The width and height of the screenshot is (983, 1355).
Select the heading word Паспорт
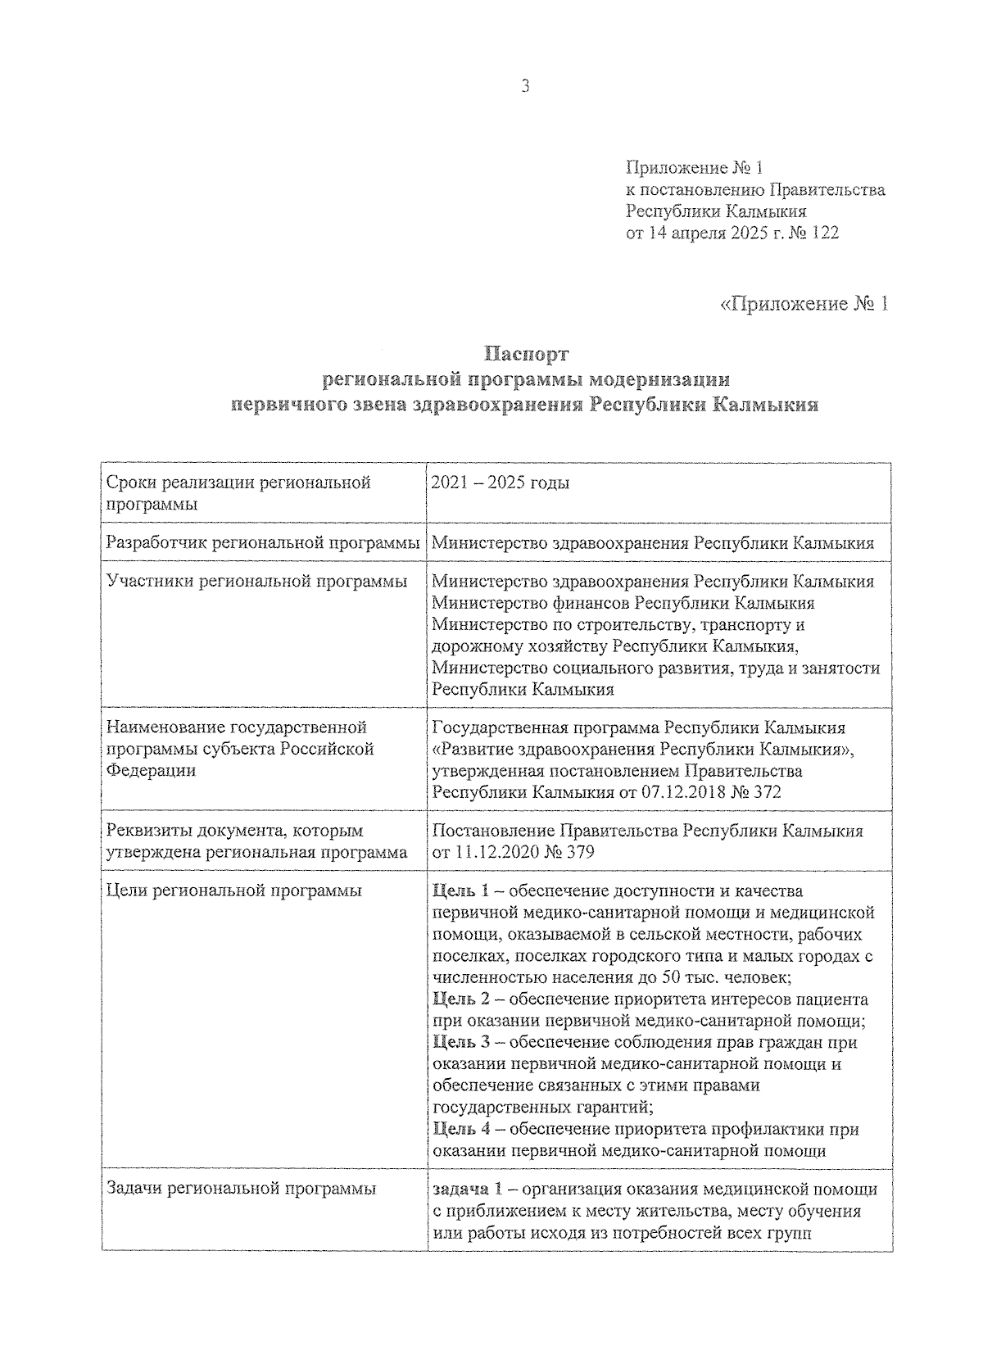click(525, 355)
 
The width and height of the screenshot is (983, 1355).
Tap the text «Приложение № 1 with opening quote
click(804, 304)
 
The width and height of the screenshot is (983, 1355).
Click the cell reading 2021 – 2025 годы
click(501, 483)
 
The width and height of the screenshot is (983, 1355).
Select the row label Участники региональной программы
click(257, 582)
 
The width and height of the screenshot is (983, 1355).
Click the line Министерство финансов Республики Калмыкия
click(623, 604)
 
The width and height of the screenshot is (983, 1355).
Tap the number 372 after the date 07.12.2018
click(765, 792)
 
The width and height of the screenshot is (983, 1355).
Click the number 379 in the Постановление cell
click(578, 853)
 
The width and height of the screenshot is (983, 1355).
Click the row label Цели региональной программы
click(234, 891)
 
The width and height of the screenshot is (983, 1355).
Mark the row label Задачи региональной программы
click(242, 1190)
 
